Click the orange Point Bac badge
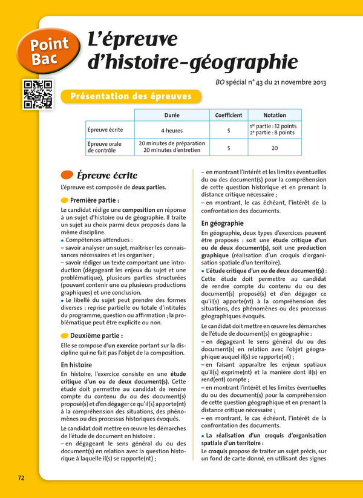click(50, 50)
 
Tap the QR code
click(38, 94)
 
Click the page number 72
click(21, 477)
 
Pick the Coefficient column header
click(229, 115)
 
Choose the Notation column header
click(275, 115)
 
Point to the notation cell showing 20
click(275, 147)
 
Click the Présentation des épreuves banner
click(131, 96)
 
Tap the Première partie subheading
click(94, 200)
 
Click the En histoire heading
click(76, 365)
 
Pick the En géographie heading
click(221, 223)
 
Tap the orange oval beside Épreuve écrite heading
click(67, 175)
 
